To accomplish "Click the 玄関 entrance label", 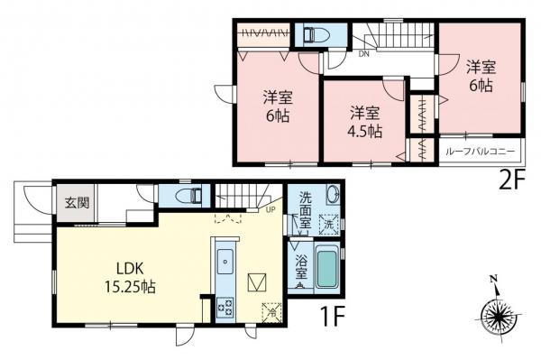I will click(75, 202).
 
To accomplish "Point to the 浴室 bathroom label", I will click(301, 265).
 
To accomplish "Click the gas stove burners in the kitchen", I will click(225, 304).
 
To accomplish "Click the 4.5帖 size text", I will click(365, 131).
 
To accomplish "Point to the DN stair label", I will click(363, 54).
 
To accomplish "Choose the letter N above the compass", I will click(494, 281).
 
